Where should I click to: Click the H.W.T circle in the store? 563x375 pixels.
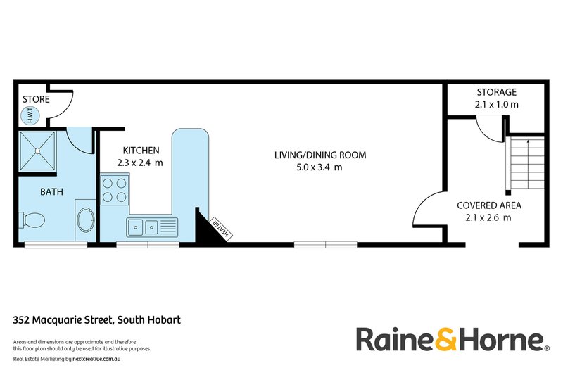[x=30, y=116]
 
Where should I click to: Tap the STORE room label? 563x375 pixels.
[x=36, y=99]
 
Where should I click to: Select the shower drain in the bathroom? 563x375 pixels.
[x=37, y=151]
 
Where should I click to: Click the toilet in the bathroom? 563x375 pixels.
[x=32, y=220]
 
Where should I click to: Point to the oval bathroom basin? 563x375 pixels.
[x=86, y=220]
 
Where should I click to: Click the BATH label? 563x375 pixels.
[x=51, y=192]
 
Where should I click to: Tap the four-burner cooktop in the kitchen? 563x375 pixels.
[x=115, y=190]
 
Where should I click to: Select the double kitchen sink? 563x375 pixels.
[x=152, y=227]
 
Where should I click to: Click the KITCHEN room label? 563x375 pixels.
[x=141, y=151]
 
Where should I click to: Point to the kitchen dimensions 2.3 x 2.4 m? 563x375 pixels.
[x=140, y=163]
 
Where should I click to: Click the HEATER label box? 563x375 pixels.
[x=221, y=228]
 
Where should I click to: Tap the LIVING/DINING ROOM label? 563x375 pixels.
[x=320, y=155]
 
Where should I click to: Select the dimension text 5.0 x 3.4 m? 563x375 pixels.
[x=320, y=167]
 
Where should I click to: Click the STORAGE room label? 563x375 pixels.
[x=497, y=92]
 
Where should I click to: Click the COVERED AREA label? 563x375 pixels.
[x=489, y=205]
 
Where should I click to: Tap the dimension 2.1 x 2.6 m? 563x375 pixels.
[x=488, y=217]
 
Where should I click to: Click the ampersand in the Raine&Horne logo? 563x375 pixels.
[x=446, y=339]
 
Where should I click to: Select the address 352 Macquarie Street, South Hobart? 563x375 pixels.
[x=97, y=319]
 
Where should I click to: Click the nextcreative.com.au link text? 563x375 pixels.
[x=96, y=359]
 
